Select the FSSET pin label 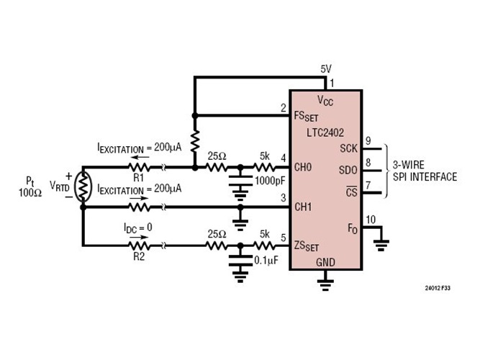[x=305, y=114]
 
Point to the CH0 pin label [x=304, y=168]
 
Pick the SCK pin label [x=347, y=148]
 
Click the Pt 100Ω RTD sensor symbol [x=83, y=186]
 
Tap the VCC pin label [x=325, y=99]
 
